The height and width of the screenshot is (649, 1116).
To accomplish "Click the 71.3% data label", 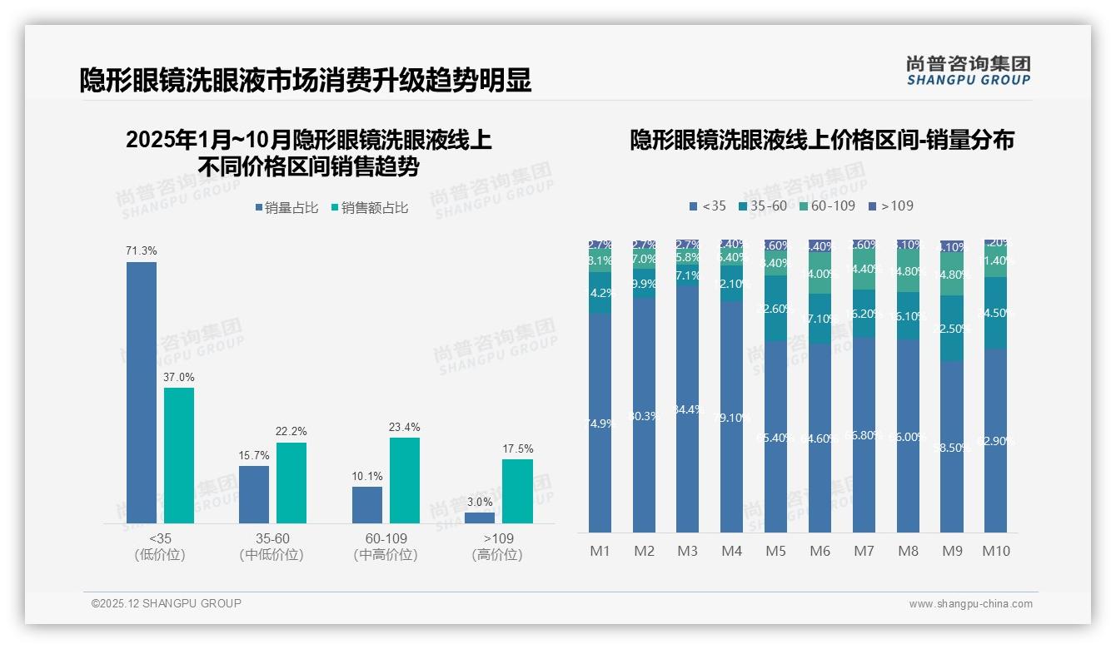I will click(142, 250).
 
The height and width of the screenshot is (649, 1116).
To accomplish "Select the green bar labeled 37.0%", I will click(179, 455).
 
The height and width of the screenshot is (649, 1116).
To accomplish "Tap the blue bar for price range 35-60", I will click(254, 494).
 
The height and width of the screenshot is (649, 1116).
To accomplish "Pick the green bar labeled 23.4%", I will click(405, 480).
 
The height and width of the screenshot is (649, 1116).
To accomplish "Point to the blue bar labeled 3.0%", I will click(480, 518).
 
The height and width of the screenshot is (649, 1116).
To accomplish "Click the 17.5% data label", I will click(517, 448).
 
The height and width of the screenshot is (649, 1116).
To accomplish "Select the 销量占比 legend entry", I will click(286, 208).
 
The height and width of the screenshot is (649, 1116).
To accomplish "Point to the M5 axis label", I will click(775, 551).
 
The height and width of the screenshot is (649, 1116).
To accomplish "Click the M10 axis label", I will click(996, 551).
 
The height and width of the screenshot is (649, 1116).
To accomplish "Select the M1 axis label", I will click(600, 551).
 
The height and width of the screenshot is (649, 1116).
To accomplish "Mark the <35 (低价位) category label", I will click(159, 547).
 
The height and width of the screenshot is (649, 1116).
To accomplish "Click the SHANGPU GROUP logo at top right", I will click(968, 71).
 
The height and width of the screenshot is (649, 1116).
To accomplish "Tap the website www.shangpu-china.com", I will click(970, 604).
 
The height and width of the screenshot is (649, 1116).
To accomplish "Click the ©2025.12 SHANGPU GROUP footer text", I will click(167, 603).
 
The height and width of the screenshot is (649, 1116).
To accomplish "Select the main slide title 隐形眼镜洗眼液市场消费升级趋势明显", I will click(306, 81).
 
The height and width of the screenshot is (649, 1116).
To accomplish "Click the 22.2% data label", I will click(291, 431).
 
